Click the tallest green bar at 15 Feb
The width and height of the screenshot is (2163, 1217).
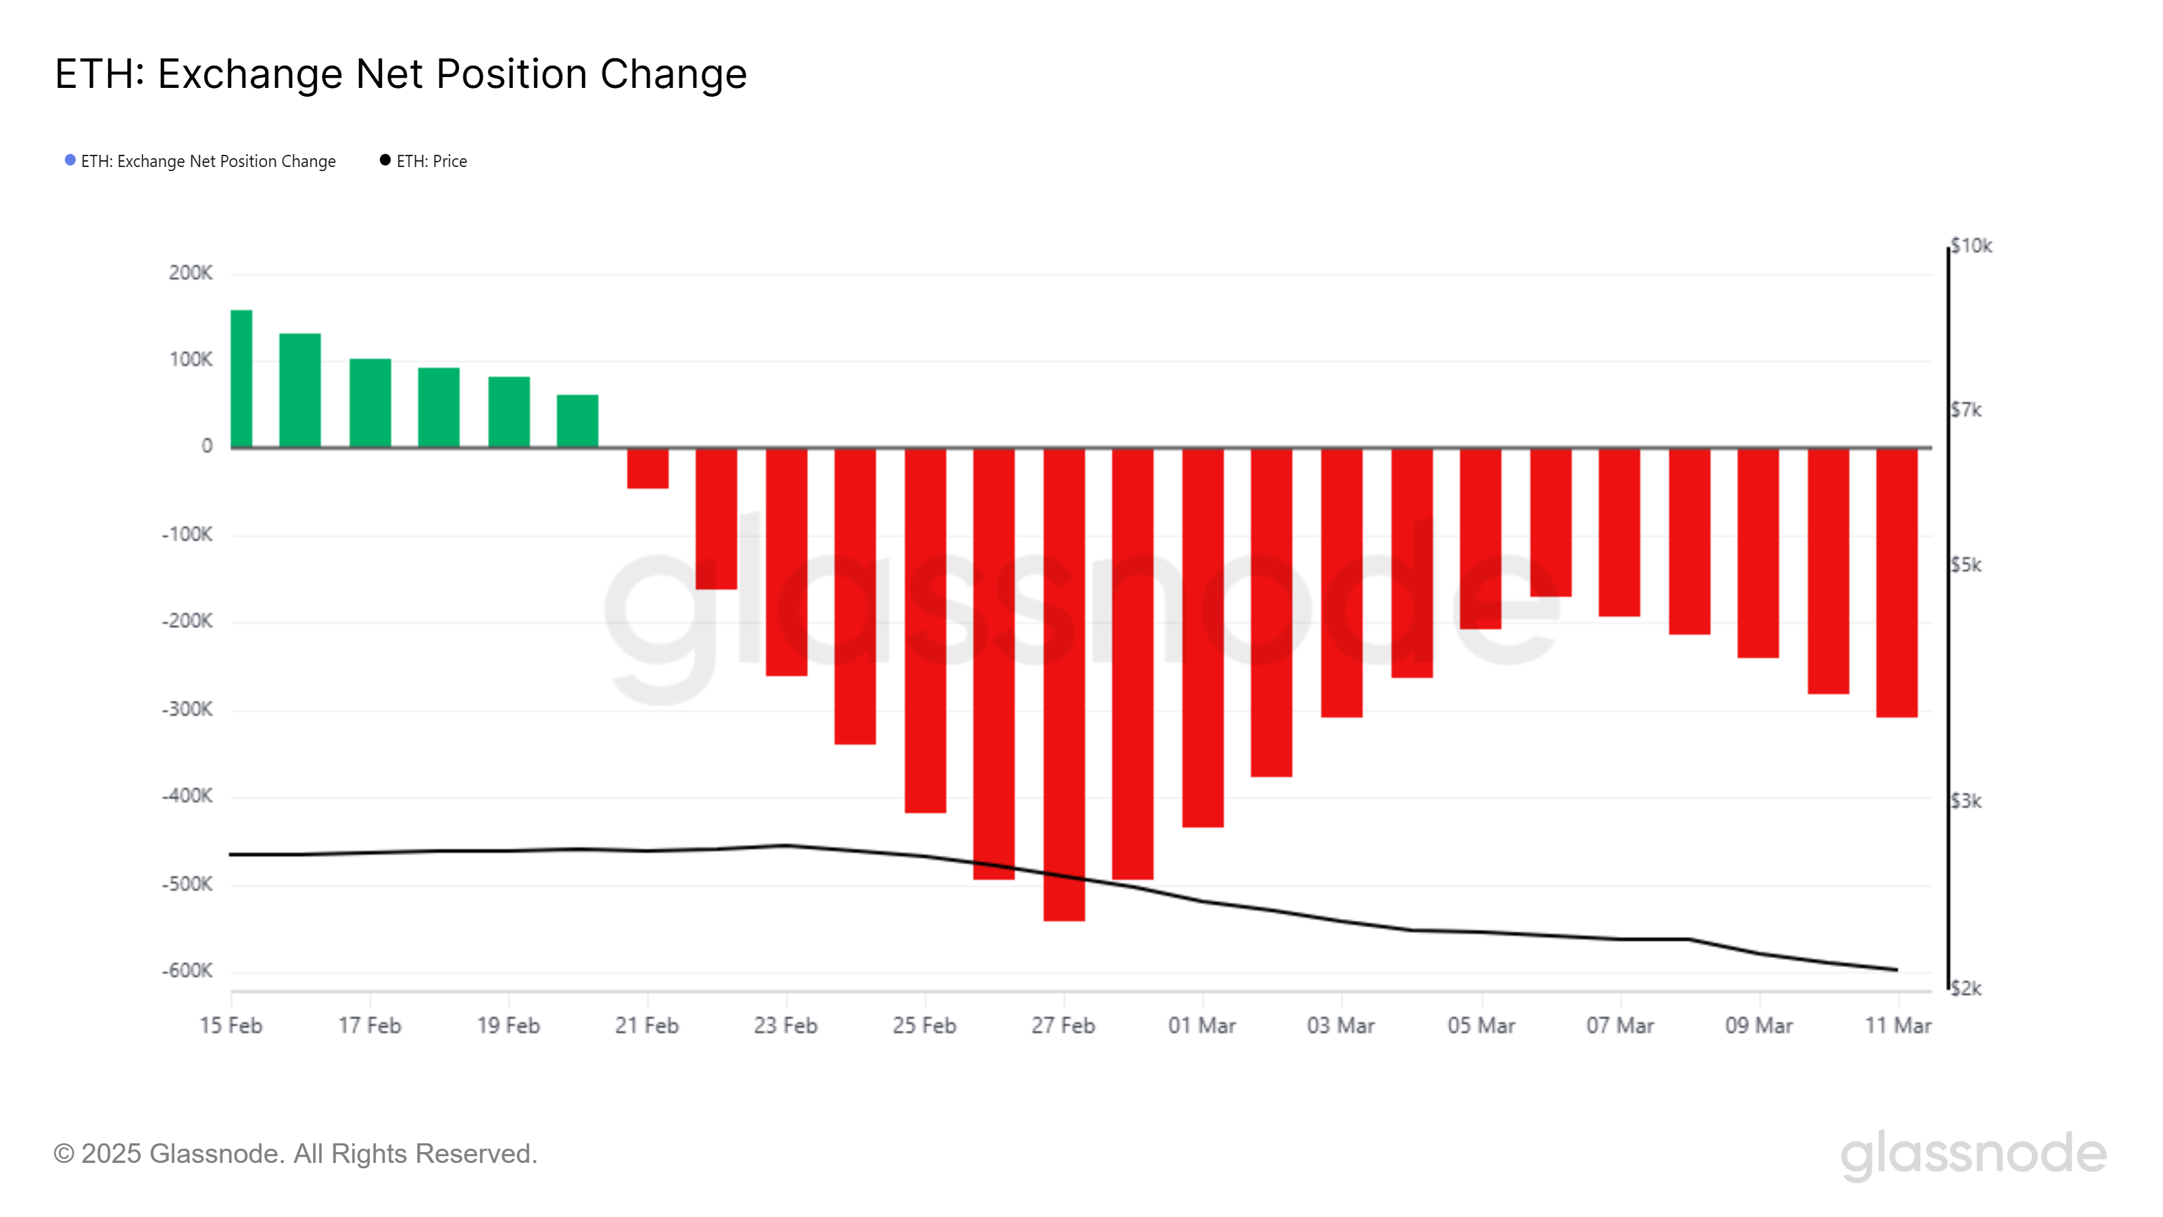coord(241,378)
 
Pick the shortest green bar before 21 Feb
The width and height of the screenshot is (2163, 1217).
coord(578,420)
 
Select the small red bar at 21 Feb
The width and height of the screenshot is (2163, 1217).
coord(648,468)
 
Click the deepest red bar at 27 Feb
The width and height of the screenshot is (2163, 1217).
coord(1064,684)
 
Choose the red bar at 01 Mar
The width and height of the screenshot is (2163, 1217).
coord(1202,638)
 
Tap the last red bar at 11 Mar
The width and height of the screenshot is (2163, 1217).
coord(1897,582)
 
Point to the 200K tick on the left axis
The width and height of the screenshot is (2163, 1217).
coord(191,273)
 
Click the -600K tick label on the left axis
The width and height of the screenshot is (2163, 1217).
coord(187,971)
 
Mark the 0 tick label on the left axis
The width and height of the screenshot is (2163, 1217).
coord(207,446)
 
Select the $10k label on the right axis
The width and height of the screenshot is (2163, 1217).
coord(1971,246)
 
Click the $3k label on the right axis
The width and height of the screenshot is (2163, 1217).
coord(1966,801)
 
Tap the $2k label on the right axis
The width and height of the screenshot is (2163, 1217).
coord(1966,988)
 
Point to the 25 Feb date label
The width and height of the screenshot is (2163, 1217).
coord(923,1026)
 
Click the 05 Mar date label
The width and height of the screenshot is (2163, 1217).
coord(1481,1026)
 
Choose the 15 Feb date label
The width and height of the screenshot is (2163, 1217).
coord(231,1026)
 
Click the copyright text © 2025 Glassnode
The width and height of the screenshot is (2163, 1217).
coord(295,1154)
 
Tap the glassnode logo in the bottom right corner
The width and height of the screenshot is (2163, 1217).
coord(1973,1154)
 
